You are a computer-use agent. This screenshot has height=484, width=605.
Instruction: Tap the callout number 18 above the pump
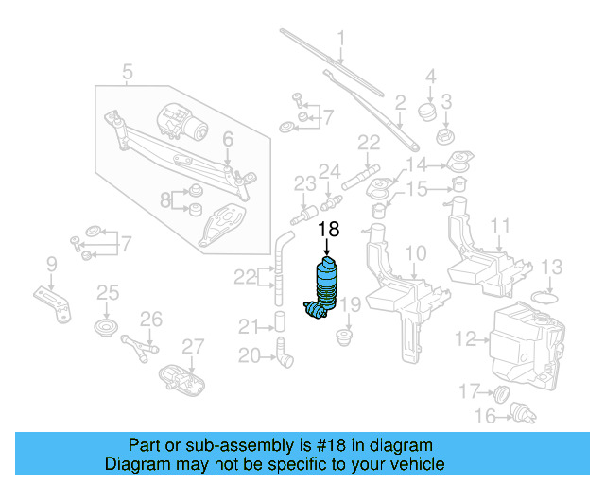pyautogui.click(x=327, y=229)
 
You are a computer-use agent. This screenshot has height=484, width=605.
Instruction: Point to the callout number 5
pyautogui.click(x=128, y=70)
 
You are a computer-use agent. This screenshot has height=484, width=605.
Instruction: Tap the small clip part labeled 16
pyautogui.click(x=517, y=411)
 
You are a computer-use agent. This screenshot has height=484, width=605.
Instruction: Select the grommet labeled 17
pyautogui.click(x=503, y=391)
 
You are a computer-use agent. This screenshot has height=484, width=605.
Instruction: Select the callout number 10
pyautogui.click(x=416, y=253)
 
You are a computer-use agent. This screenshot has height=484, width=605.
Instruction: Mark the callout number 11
pyautogui.click(x=500, y=226)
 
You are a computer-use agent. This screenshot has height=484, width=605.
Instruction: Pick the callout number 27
pyautogui.click(x=192, y=346)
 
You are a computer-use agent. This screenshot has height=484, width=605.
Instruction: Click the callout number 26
pyautogui.click(x=151, y=319)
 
